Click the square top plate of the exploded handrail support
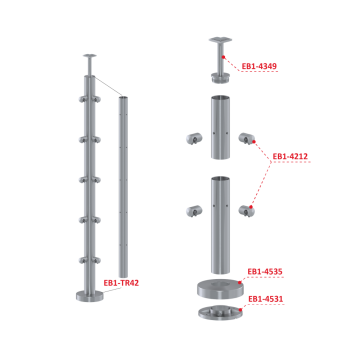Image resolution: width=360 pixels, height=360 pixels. [218, 41]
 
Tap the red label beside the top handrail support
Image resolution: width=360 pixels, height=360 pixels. [259, 67]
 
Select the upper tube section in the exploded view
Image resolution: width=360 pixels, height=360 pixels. [218, 129]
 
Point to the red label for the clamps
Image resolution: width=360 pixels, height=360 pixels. [289, 156]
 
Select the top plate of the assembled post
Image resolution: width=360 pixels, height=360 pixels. [91, 58]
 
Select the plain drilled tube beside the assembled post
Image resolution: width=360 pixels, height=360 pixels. [122, 185]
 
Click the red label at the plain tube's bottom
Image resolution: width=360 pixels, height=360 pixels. [121, 283]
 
